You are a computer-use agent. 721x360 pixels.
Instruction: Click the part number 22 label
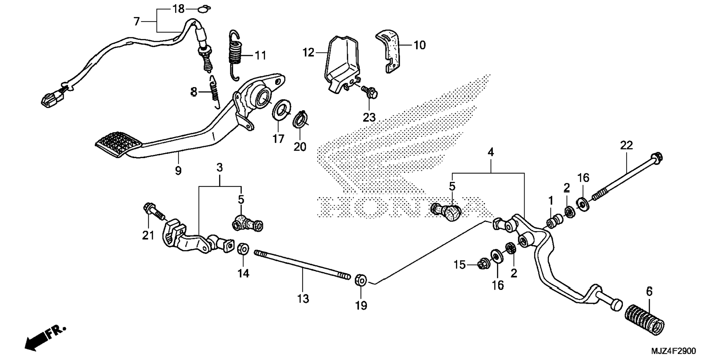coord(626,145)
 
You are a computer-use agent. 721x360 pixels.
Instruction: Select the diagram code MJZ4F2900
coord(673,351)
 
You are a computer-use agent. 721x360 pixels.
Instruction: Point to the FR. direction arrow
coord(45,338)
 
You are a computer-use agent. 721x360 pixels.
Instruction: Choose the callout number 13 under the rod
coord(303,299)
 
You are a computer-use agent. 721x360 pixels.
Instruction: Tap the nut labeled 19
coord(360,280)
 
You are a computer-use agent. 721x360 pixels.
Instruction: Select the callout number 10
coord(419,45)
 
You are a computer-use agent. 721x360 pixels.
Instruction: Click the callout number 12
coord(308,53)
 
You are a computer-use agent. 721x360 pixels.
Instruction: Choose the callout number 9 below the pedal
coord(178,171)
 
